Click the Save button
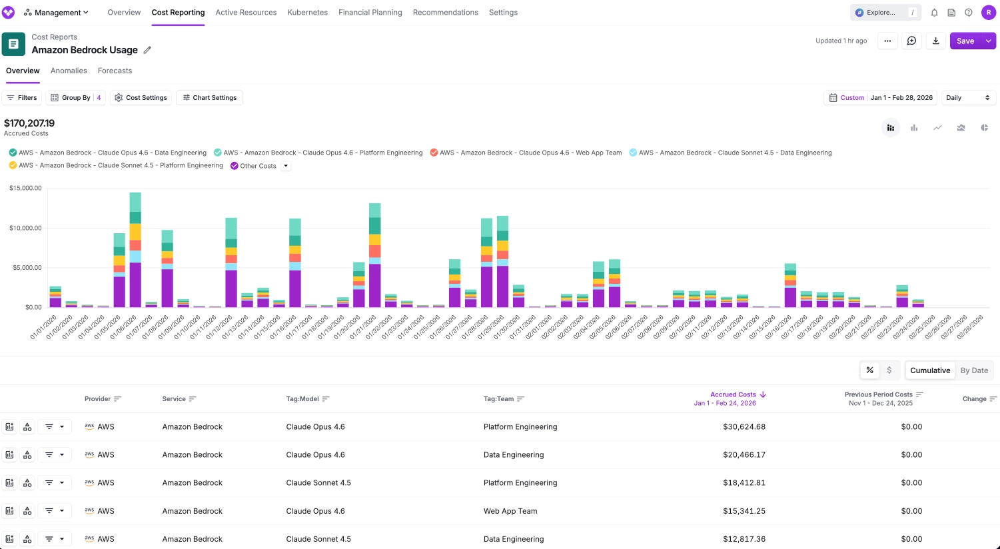click(965, 41)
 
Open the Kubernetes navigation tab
click(307, 13)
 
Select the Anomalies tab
click(69, 71)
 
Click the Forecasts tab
click(115, 71)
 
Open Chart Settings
click(209, 98)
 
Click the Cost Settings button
click(141, 98)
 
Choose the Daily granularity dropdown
click(968, 98)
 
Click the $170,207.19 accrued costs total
click(29, 123)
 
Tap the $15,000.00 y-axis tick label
click(25, 189)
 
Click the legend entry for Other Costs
click(257, 166)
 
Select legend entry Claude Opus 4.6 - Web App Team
click(530, 153)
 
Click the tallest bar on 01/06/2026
click(135, 250)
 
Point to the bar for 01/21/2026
click(375, 255)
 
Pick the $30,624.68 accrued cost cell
click(744, 427)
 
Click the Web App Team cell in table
click(510, 511)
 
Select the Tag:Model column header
click(302, 399)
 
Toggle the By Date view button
click(973, 370)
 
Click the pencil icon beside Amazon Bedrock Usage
click(147, 50)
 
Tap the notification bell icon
click(934, 13)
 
